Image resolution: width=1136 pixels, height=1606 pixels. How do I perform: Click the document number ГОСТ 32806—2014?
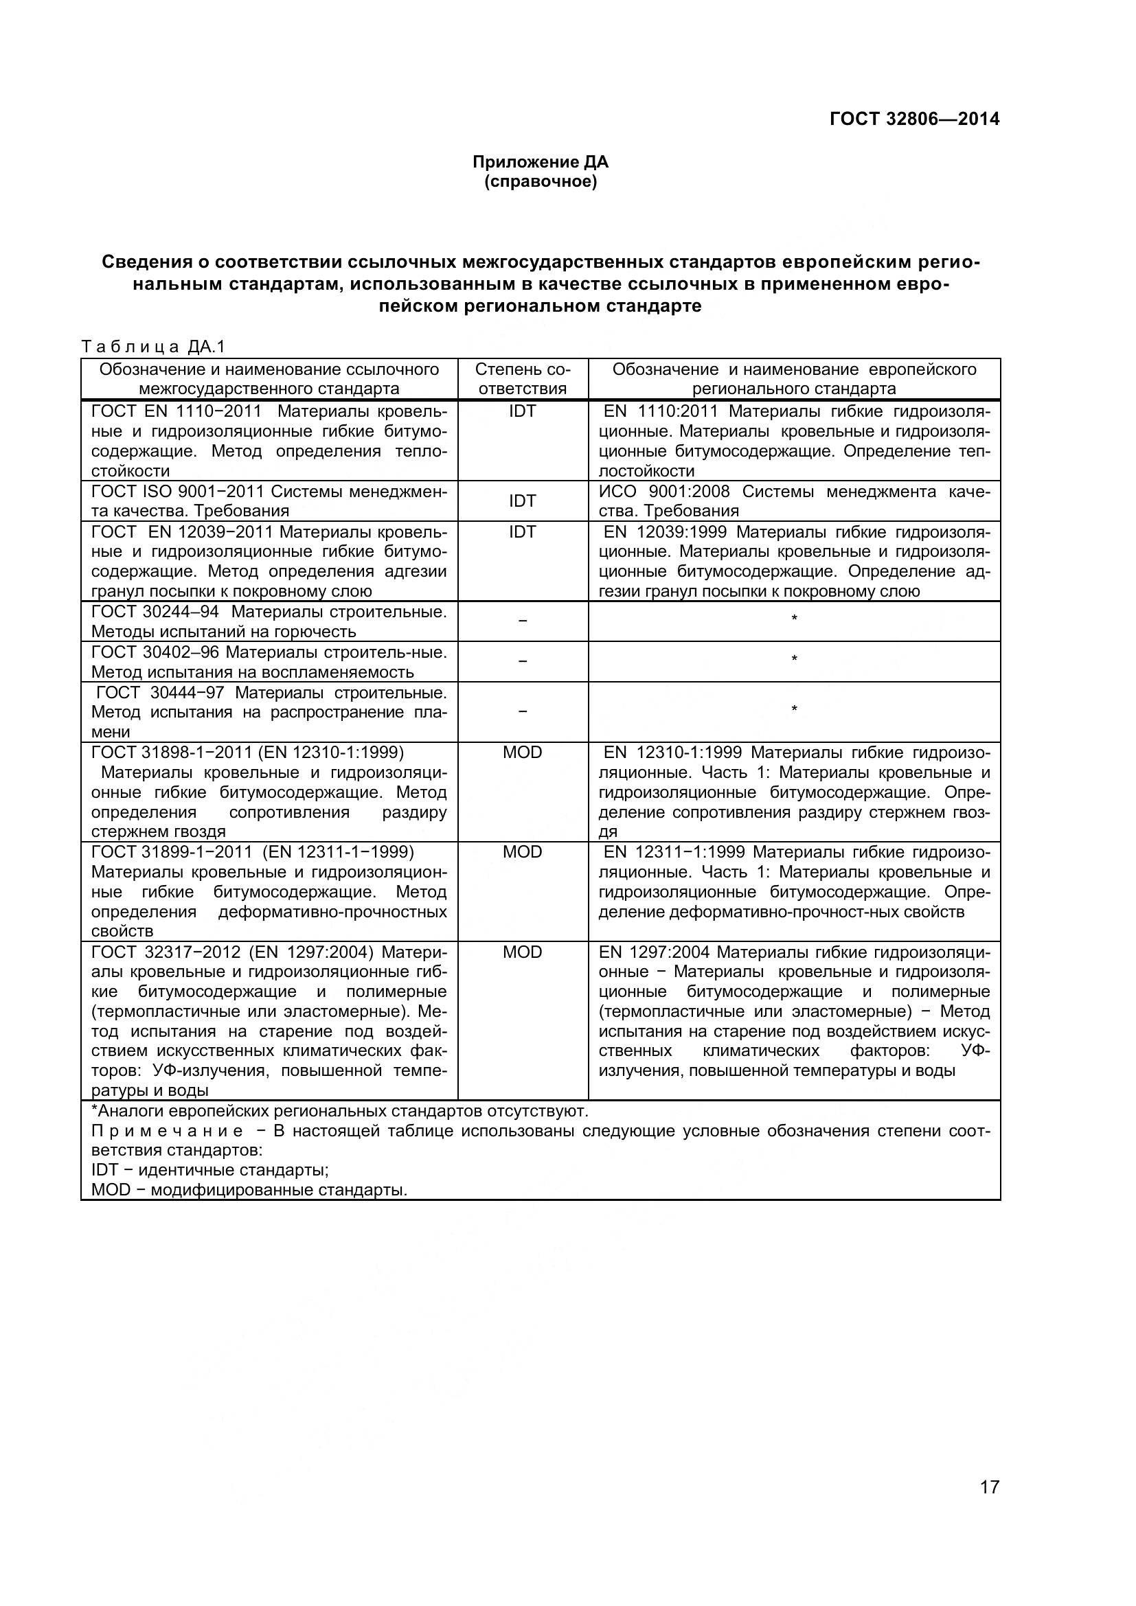(x=913, y=119)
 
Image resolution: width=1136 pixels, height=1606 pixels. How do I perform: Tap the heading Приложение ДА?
(x=540, y=162)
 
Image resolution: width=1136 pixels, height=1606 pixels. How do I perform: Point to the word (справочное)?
(x=540, y=183)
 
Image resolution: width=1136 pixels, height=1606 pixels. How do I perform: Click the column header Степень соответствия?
(x=522, y=379)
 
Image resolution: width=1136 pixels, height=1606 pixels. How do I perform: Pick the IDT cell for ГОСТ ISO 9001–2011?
(x=522, y=501)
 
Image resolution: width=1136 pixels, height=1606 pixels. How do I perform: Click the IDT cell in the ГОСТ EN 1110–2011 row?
(x=522, y=411)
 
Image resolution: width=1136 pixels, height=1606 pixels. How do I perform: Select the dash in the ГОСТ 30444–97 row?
(x=522, y=711)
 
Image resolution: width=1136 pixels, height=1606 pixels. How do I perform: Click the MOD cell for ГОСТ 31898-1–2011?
(x=522, y=753)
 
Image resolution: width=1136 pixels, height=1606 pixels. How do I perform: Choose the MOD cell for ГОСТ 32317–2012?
(x=522, y=952)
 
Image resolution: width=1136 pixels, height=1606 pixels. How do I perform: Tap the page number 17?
(x=989, y=1506)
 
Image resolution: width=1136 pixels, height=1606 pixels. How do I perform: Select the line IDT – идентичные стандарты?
(x=210, y=1169)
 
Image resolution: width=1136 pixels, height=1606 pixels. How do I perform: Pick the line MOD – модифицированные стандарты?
(x=249, y=1190)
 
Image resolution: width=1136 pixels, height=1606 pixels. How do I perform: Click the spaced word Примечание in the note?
(x=167, y=1131)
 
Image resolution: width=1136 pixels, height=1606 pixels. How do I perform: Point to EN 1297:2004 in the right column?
(x=654, y=952)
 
